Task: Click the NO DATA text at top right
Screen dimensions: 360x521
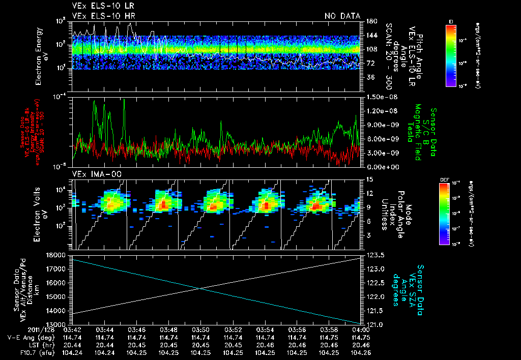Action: (x=342, y=16)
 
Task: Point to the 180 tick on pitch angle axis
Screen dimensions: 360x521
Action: (x=371, y=21)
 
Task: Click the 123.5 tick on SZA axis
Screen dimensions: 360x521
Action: (x=376, y=255)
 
